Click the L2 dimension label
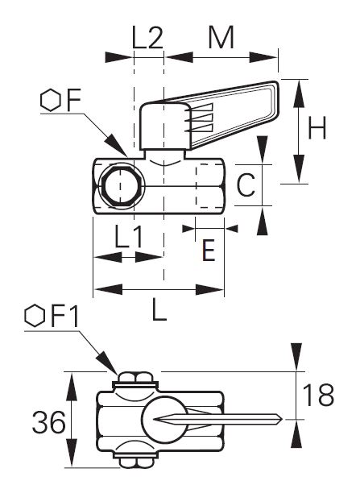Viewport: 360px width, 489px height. [147, 37]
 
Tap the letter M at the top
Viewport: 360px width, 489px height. [221, 37]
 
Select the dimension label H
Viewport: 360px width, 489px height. [317, 127]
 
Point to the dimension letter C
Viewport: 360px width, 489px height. [246, 184]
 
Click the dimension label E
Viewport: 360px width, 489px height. [209, 250]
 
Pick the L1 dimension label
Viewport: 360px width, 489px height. [128, 236]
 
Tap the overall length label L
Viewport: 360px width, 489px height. [159, 309]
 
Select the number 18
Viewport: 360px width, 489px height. [318, 395]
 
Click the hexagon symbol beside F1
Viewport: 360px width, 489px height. [35, 316]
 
